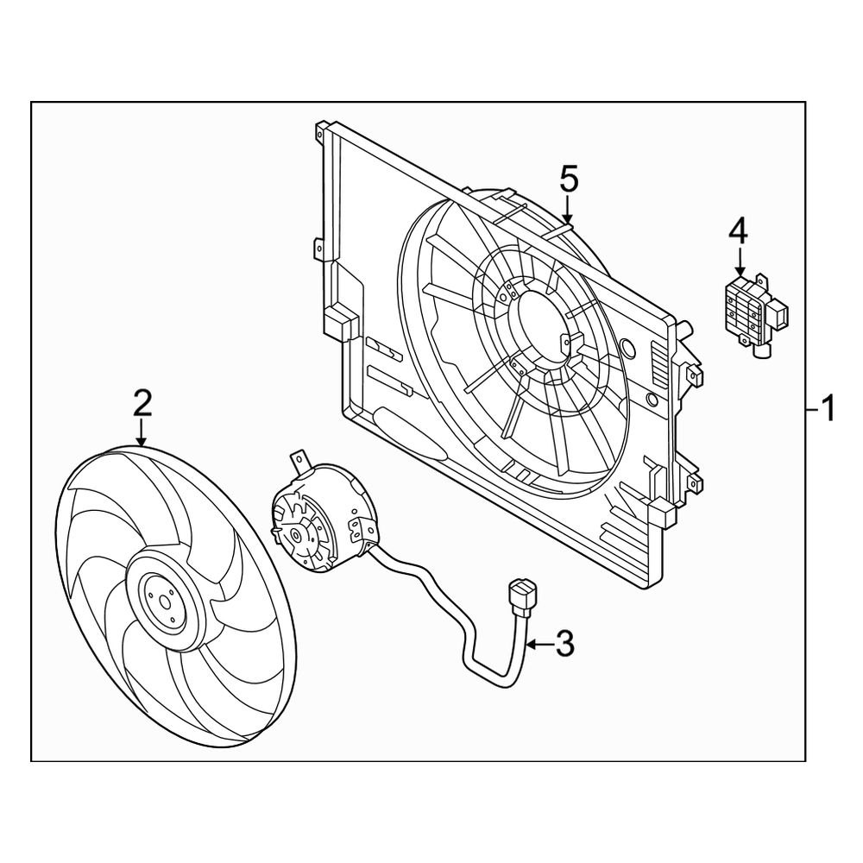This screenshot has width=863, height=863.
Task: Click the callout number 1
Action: (828, 407)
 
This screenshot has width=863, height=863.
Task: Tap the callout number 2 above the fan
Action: (142, 403)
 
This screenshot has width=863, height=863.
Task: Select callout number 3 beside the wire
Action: (564, 644)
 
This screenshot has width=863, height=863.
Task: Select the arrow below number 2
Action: (142, 431)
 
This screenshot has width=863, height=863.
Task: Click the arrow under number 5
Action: (568, 209)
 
